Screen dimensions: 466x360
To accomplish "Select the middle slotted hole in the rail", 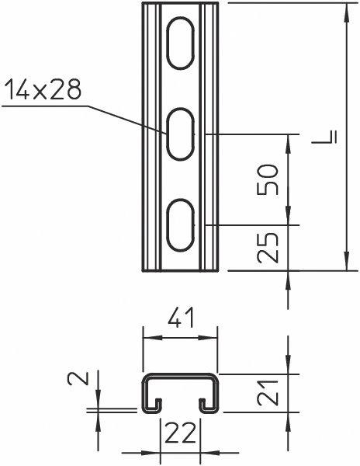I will click(181, 135).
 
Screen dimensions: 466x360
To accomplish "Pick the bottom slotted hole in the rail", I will click(181, 224).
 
